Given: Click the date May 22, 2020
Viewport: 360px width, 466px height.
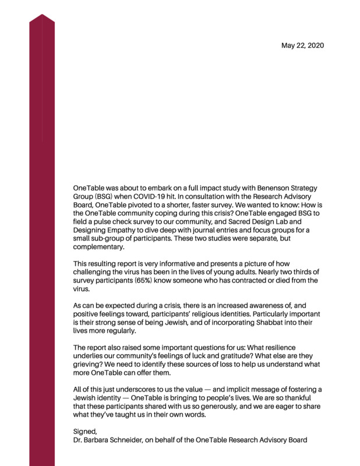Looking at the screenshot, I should coord(302,45).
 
